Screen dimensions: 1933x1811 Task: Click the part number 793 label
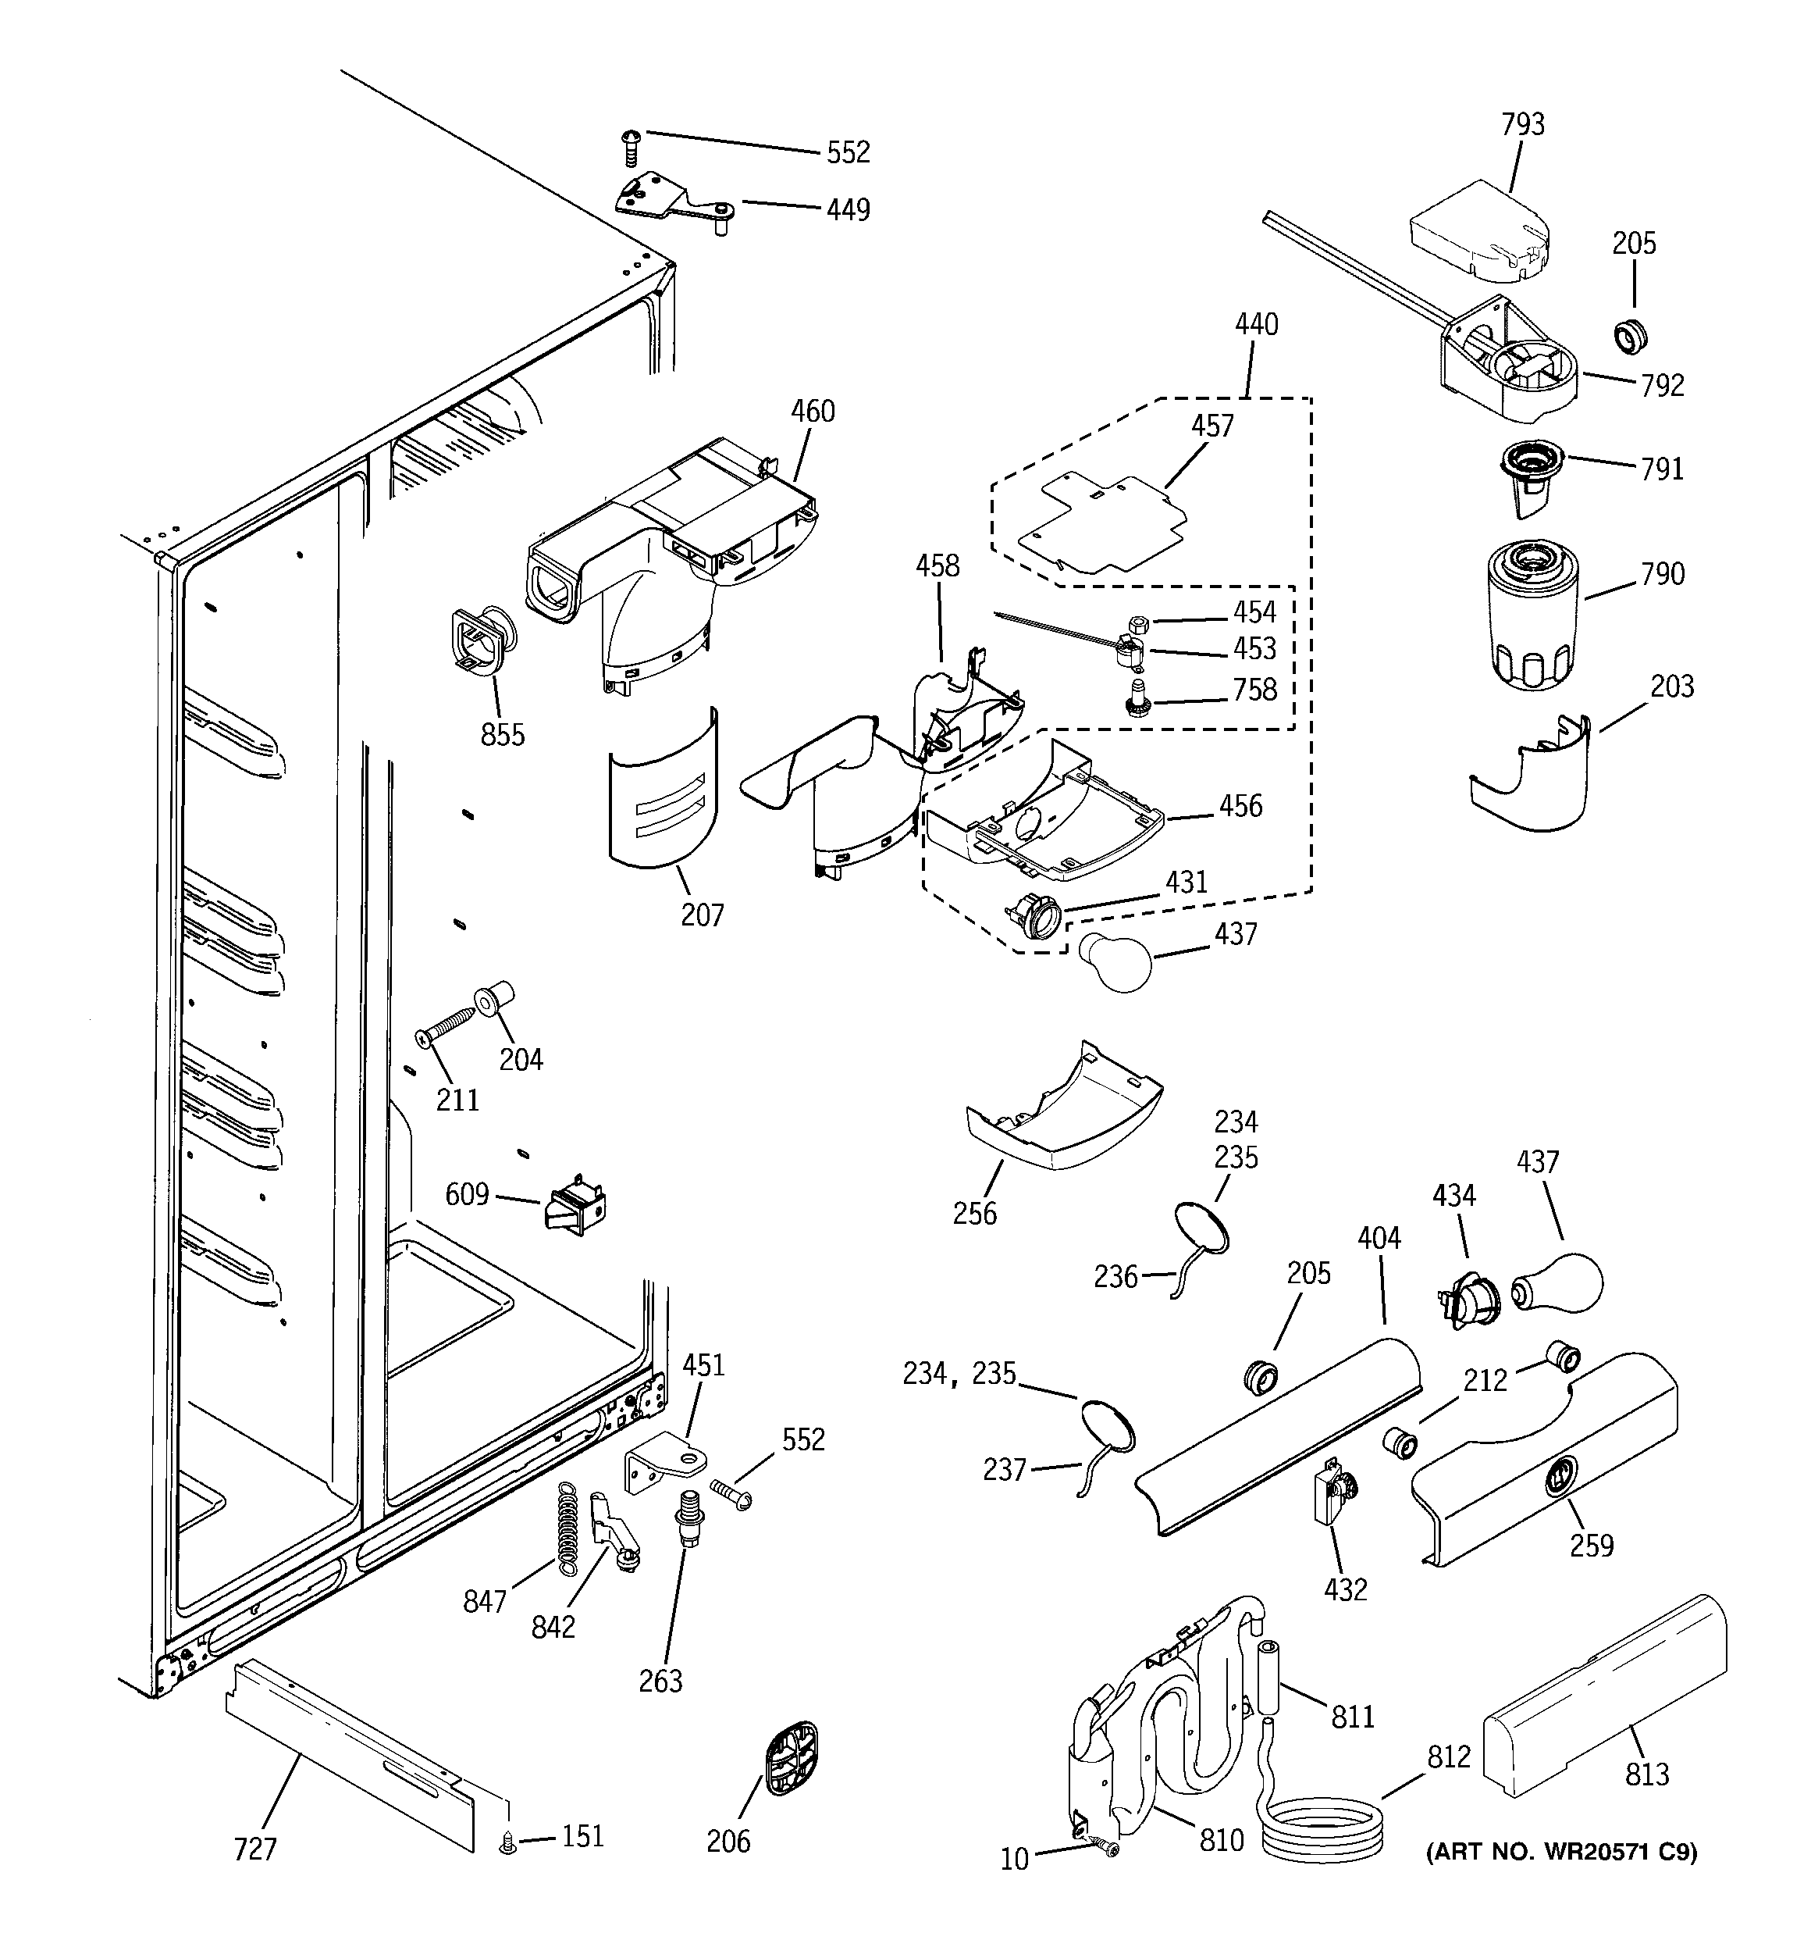[1522, 124]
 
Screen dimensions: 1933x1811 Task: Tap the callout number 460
[812, 412]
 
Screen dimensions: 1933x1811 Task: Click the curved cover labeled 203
[1536, 779]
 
